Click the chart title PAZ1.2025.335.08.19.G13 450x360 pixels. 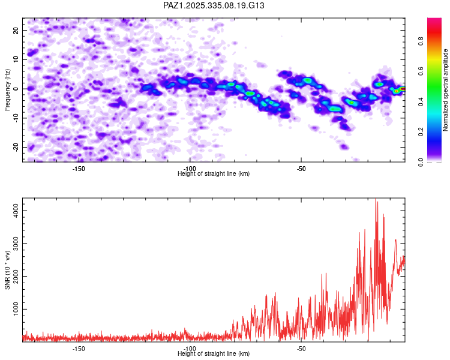[x=214, y=5]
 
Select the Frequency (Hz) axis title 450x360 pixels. [x=7, y=89]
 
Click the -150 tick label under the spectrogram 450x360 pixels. [x=78, y=169]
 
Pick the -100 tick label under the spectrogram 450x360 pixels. [x=190, y=169]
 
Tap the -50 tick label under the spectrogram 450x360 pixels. [x=301, y=169]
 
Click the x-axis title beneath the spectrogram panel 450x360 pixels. [x=214, y=174]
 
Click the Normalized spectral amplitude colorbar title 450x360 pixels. [x=446, y=90]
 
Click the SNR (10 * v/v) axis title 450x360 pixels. [x=7, y=270]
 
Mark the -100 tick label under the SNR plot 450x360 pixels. [x=190, y=349]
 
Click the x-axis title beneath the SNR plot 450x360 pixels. [x=214, y=354]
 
